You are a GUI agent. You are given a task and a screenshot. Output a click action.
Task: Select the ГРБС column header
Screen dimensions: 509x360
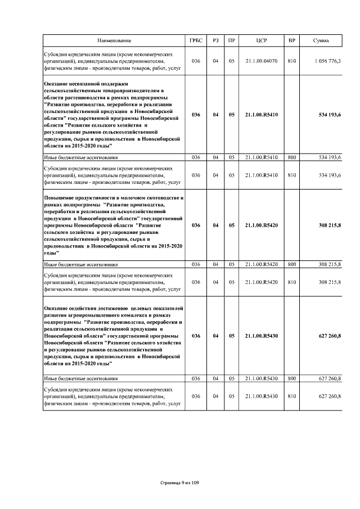tap(196, 41)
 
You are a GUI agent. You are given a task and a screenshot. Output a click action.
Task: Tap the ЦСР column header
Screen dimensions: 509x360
tap(261, 41)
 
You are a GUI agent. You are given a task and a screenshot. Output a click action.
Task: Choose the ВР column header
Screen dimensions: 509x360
tap(291, 41)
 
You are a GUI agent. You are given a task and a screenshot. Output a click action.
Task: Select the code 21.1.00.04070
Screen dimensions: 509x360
tap(261, 61)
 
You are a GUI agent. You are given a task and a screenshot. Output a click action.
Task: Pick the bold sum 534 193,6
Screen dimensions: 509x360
tap(330, 115)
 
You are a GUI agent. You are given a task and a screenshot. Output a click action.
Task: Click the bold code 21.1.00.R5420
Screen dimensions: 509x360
tap(261, 225)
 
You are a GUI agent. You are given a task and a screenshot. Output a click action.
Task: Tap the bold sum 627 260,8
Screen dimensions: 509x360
tap(330, 336)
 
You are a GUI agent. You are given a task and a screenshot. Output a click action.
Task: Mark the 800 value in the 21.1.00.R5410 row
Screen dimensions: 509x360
tap(291, 157)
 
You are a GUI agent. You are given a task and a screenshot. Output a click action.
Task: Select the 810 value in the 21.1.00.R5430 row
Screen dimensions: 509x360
tap(291, 397)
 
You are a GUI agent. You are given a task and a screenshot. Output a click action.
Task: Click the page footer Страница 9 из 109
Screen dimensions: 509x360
tap(180, 483)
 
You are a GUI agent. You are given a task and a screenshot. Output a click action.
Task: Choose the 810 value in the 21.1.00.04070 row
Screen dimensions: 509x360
tap(291, 61)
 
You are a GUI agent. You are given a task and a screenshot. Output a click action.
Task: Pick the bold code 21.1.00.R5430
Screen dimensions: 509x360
tap(261, 336)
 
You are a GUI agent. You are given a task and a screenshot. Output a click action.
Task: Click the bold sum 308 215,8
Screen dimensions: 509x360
tap(330, 225)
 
